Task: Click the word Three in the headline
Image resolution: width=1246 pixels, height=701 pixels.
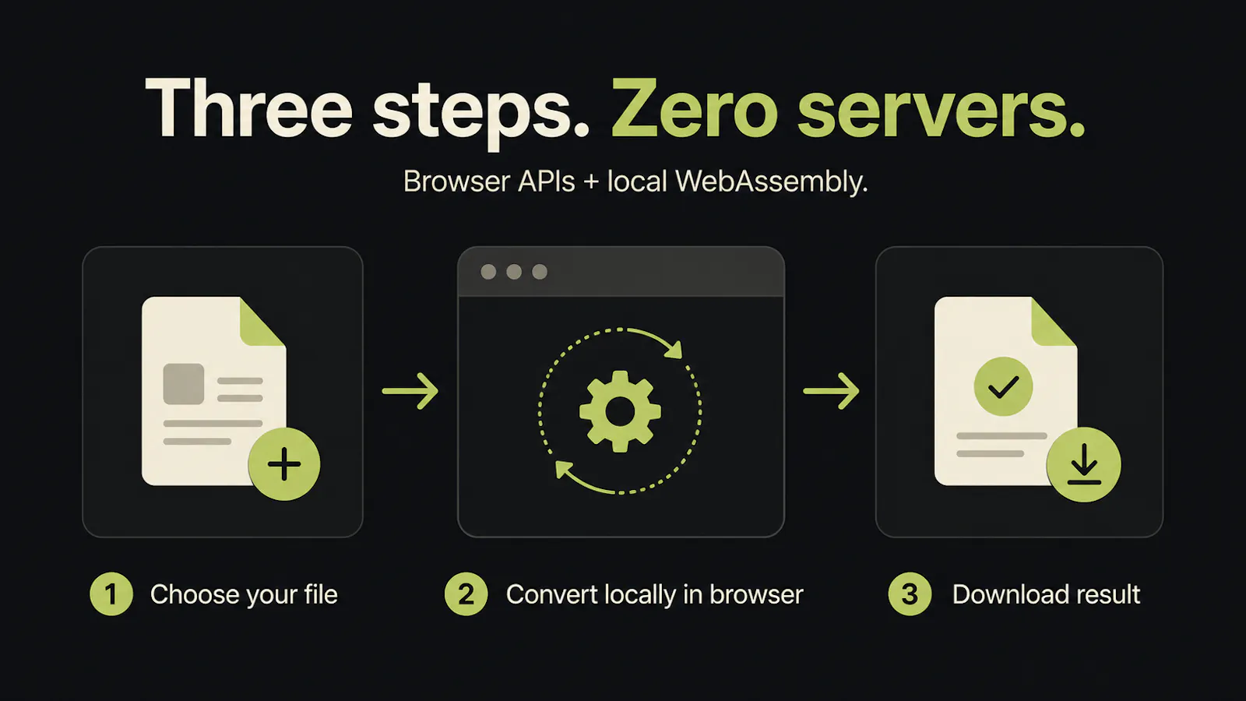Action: (248, 108)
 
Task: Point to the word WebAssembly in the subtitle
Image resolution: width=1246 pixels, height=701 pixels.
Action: (772, 182)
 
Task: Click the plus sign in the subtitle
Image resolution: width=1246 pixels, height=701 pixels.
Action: (591, 182)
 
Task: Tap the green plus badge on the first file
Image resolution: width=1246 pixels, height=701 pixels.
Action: (284, 464)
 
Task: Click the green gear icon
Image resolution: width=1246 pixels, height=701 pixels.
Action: (620, 411)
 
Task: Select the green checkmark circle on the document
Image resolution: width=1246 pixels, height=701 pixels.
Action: (1004, 386)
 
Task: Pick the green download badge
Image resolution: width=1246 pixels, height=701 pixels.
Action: (1083, 464)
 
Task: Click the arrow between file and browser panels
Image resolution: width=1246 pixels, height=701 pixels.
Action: (410, 391)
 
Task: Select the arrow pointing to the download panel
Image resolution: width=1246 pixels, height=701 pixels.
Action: (831, 391)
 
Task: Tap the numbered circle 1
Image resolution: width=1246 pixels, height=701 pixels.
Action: (111, 594)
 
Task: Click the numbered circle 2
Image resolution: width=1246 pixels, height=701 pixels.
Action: (466, 594)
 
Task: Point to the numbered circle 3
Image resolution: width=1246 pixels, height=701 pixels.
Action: (910, 594)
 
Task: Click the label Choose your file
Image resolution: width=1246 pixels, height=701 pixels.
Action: (244, 595)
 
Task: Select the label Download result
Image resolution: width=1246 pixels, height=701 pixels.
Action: (1047, 594)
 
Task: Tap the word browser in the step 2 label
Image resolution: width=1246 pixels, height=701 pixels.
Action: (756, 594)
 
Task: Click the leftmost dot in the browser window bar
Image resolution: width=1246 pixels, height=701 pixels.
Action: (488, 272)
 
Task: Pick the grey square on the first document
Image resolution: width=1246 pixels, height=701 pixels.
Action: (184, 384)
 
